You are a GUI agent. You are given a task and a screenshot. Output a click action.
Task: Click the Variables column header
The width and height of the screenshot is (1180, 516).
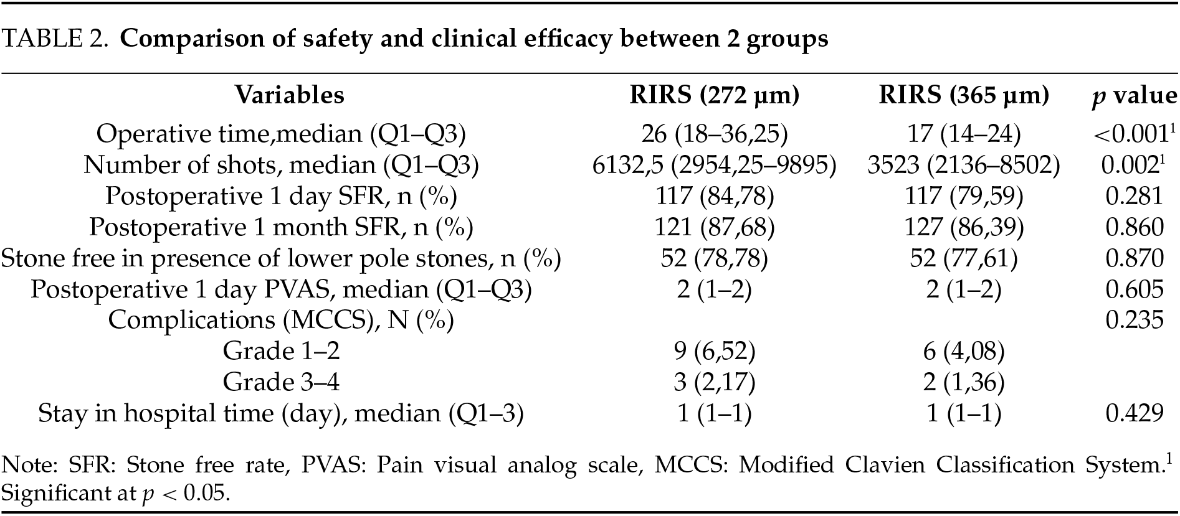[x=289, y=95]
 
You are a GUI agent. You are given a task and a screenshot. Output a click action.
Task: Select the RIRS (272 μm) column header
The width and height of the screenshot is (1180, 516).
[x=714, y=95]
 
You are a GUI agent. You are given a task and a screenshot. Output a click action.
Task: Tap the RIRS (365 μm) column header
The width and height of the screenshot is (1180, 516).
[x=963, y=95]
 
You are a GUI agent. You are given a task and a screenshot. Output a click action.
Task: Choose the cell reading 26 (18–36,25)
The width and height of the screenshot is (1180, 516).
[x=714, y=133]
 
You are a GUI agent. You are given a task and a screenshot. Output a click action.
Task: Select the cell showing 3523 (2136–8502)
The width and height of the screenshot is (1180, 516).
[x=963, y=164]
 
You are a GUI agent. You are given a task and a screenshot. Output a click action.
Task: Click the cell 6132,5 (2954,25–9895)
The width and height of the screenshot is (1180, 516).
[x=714, y=164]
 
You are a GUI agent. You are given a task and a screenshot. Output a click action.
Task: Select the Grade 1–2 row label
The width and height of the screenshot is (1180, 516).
[x=281, y=351]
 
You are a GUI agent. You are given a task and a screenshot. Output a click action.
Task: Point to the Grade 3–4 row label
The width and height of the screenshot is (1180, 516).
[x=281, y=382]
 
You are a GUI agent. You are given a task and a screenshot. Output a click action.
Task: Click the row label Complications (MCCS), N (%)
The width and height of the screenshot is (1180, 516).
[x=281, y=320]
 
